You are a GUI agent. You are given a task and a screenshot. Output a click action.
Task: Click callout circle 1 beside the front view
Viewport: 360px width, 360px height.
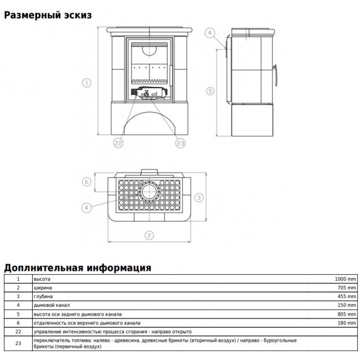click(x=86, y=83)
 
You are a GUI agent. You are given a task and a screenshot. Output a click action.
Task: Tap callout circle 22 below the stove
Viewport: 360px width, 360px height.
click(x=118, y=143)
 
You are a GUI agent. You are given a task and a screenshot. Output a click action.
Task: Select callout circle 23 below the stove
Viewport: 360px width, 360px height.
click(x=180, y=143)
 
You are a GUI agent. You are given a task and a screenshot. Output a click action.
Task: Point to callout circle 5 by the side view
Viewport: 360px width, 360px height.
click(x=210, y=91)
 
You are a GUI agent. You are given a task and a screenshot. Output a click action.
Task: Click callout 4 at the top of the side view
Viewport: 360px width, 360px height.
click(x=209, y=33)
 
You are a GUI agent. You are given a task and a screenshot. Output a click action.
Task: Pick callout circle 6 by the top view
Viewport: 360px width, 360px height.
click(x=86, y=182)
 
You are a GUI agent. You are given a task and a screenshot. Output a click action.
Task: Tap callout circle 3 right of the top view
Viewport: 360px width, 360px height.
click(x=199, y=197)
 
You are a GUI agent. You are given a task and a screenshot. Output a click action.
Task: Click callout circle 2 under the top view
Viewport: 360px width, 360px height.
click(x=149, y=235)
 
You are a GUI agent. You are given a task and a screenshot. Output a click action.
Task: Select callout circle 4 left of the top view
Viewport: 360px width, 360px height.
click(x=86, y=208)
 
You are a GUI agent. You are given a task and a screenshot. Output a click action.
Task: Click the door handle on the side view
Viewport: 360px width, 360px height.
click(x=275, y=75)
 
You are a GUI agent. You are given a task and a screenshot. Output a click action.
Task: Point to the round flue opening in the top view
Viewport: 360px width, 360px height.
click(x=150, y=192)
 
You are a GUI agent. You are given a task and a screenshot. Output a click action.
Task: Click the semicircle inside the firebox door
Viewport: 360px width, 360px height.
click(x=149, y=51)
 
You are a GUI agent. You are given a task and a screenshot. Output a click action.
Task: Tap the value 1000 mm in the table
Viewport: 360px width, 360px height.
click(x=345, y=279)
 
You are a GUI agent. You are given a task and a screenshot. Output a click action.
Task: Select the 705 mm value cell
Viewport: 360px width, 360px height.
click(x=347, y=287)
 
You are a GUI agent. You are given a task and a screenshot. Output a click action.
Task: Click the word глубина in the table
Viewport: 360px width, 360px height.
click(x=43, y=296)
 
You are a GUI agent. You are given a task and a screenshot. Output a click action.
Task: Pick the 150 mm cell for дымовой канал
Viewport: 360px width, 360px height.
click(x=347, y=305)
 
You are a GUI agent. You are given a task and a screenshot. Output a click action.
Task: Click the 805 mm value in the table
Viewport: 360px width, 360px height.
click(x=347, y=314)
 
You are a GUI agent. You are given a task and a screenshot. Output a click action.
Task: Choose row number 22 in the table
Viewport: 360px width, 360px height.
click(x=18, y=332)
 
